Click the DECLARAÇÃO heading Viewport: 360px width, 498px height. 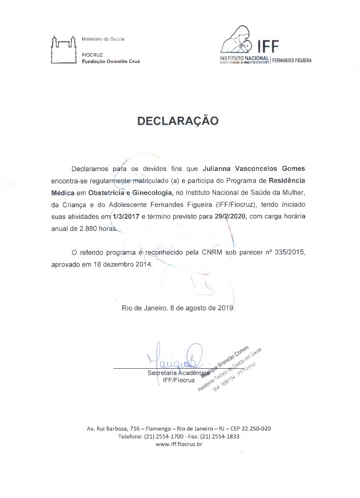(x=177, y=121)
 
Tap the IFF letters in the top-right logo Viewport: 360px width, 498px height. (x=269, y=46)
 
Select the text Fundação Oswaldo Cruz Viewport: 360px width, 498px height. (x=111, y=61)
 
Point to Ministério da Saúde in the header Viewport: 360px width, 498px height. (x=103, y=39)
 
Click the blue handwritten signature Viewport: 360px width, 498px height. (x=175, y=358)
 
